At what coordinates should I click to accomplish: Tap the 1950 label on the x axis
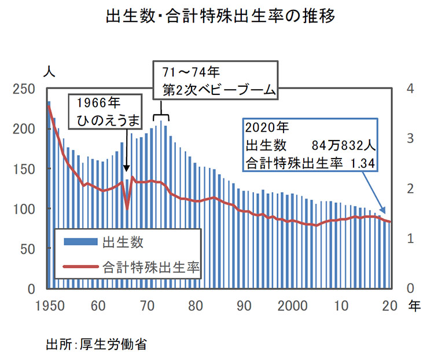(46, 306)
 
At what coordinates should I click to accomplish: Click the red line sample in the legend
(80, 268)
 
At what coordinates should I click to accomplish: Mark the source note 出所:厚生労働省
(96, 345)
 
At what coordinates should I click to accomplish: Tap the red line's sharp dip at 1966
(127, 209)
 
